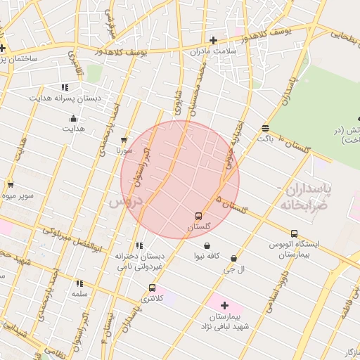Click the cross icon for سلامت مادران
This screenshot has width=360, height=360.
tap(213, 40)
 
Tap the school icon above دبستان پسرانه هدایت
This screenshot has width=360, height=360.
tap(65, 88)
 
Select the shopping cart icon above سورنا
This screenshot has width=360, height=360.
tap(124, 141)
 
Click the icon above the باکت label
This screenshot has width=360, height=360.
tap(265, 129)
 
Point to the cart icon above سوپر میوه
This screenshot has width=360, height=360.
tap(10, 185)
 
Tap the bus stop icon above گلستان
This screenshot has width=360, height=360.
tap(199, 217)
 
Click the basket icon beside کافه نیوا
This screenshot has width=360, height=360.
tap(207, 246)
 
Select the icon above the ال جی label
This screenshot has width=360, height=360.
tap(233, 259)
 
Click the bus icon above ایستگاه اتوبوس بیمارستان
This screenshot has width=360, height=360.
tap(294, 234)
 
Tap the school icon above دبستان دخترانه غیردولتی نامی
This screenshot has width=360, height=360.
tap(139, 245)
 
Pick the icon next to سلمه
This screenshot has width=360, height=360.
tap(79, 283)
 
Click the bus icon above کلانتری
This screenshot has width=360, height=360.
tap(152, 288)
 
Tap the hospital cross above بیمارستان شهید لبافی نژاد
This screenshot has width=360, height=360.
tap(224, 305)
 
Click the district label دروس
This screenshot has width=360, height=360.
tap(126, 201)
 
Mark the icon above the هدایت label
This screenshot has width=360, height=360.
tap(73, 118)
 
